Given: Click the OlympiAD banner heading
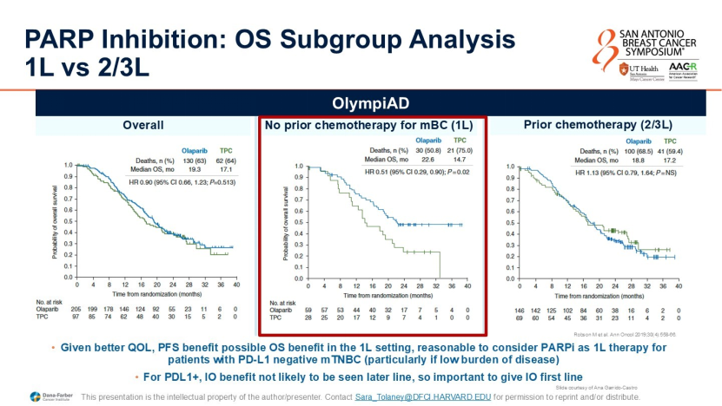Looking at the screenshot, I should [360, 102].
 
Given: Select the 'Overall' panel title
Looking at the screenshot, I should [143, 126].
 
